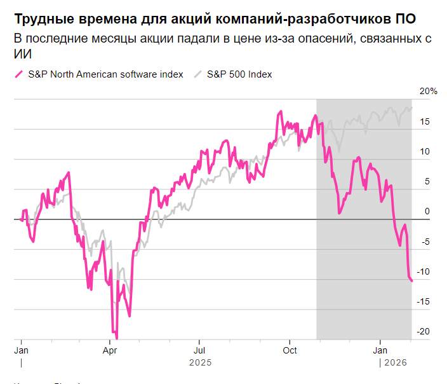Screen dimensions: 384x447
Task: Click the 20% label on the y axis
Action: point(429,92)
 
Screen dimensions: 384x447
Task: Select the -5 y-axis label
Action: point(426,242)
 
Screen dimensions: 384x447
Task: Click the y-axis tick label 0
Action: point(427,211)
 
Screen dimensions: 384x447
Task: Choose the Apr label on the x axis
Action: point(110,350)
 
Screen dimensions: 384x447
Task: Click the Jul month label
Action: point(199,350)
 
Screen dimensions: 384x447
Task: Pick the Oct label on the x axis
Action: point(290,350)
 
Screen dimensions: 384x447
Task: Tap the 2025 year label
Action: point(199,362)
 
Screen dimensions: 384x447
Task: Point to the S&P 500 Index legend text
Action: point(239,74)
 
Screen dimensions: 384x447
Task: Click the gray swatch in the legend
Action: point(197,74)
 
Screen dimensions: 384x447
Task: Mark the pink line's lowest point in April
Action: point(116,338)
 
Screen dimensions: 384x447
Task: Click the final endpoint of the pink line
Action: point(411,280)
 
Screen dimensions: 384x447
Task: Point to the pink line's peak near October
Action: point(280,112)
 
